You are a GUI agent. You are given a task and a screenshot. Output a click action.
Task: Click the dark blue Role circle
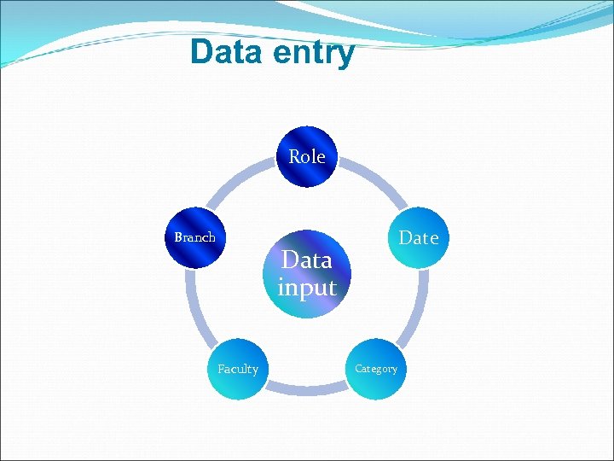click(307, 157)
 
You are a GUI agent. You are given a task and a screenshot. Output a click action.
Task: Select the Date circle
click(417, 238)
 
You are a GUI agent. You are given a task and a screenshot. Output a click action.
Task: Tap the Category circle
click(375, 369)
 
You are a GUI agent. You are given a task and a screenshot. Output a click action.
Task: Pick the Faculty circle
click(237, 369)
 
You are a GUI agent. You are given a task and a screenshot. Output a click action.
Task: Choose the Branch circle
click(195, 238)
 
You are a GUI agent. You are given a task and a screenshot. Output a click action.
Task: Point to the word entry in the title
click(314, 54)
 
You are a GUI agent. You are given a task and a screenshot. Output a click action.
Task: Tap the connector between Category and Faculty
click(306, 388)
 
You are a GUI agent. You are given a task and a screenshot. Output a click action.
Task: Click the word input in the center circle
click(307, 288)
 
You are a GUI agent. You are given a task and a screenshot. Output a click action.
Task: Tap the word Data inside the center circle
click(307, 260)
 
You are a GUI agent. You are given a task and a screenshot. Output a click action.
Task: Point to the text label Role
click(307, 157)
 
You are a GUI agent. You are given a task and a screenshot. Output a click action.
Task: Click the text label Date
click(419, 238)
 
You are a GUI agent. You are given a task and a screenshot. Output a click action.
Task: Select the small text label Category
click(376, 369)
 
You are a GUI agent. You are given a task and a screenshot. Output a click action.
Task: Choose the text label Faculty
click(237, 369)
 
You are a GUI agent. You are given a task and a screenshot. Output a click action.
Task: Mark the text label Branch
click(194, 237)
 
